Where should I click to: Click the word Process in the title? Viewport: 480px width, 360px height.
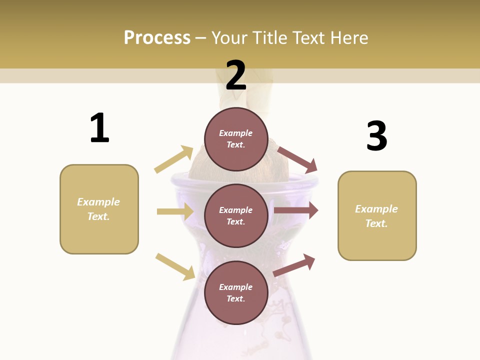pos(157,38)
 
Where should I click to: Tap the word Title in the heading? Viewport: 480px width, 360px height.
pos(271,38)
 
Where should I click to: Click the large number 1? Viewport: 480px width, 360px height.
pos(99,128)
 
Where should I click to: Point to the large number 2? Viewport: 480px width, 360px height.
pos(236,75)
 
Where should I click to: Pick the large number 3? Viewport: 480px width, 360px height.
pos(376,136)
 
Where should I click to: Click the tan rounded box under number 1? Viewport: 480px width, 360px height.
pos(99,209)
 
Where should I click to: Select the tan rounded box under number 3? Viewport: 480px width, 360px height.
pos(377,216)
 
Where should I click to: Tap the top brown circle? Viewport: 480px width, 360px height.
pos(236,138)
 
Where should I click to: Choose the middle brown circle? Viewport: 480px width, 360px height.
pos(236,215)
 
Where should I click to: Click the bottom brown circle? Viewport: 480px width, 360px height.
pos(236,292)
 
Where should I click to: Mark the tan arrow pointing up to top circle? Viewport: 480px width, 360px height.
pos(174,159)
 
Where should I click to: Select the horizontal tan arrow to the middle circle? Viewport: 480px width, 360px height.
pos(175,211)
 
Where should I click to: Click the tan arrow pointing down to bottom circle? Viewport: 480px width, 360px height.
pos(175,266)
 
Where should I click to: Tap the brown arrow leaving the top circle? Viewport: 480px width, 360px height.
pos(297,159)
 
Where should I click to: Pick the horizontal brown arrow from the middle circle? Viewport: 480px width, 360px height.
pos(296,210)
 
